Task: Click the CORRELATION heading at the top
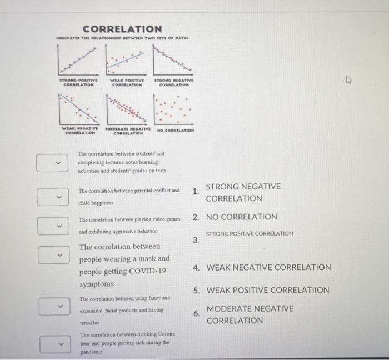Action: pyautogui.click(x=122, y=28)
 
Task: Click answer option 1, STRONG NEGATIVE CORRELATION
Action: pyautogui.click(x=243, y=192)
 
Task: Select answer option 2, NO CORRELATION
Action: pyautogui.click(x=241, y=217)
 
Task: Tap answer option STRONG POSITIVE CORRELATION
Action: pyautogui.click(x=250, y=234)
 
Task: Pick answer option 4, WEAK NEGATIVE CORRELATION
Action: pyautogui.click(x=268, y=267)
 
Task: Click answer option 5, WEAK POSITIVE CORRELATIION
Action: pyautogui.click(x=267, y=290)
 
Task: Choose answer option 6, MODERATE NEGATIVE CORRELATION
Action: pyautogui.click(x=250, y=314)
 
